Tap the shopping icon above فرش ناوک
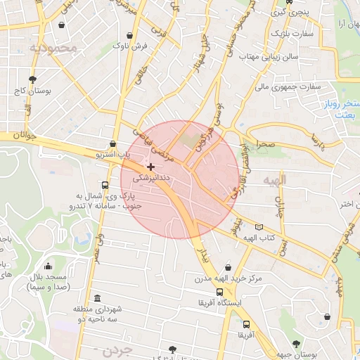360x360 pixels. point(129,35)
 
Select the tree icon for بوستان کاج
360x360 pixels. point(32,79)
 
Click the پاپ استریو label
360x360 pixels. point(113,153)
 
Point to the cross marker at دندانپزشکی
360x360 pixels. point(150,167)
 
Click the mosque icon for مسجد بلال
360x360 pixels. point(48,266)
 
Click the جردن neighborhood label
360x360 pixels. point(116,349)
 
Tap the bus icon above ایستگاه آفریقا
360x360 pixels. point(220,292)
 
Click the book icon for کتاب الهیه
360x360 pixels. point(259,227)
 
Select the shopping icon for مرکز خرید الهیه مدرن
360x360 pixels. point(228,267)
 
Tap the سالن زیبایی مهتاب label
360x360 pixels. point(269,55)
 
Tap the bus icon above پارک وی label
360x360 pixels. point(105,178)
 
